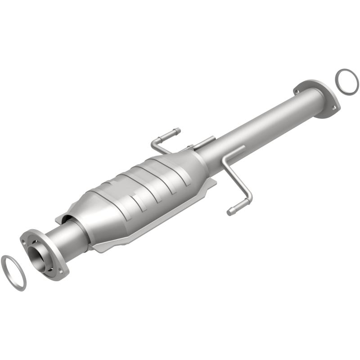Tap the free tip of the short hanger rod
177,131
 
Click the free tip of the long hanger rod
231,211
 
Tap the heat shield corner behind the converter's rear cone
212,182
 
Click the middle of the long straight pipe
261,126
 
